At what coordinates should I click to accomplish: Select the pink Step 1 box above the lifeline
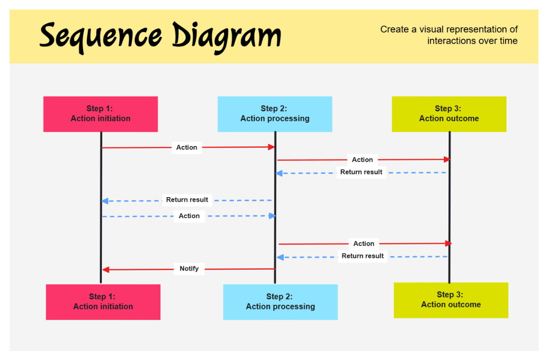coord(100,114)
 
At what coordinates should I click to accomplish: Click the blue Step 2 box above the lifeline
coord(275,114)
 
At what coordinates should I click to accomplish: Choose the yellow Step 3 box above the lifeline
coord(449,114)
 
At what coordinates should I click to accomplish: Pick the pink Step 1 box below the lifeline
coord(103,302)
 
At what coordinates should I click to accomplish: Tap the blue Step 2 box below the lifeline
coord(280,302)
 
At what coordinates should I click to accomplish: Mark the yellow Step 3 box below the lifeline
coord(451,300)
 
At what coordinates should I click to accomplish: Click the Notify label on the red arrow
coord(189,269)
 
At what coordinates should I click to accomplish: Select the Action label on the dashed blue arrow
coord(189,216)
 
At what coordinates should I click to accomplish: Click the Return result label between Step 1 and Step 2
coord(187,200)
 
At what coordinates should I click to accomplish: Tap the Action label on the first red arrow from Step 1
coord(187,147)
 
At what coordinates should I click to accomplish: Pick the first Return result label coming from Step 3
coord(361,172)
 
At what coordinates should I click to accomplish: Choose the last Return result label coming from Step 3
coord(363,256)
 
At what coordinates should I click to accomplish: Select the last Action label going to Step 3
coord(364,244)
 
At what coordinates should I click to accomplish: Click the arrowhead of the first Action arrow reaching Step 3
coord(448,159)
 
